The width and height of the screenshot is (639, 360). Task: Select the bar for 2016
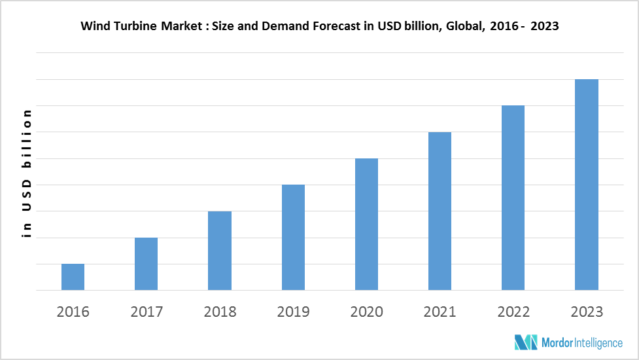coord(73,277)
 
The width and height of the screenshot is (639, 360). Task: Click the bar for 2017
coord(146,264)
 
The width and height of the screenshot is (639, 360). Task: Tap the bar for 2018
coord(220,251)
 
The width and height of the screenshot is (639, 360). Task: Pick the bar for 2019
coord(293,237)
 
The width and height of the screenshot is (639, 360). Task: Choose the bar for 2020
coord(366,224)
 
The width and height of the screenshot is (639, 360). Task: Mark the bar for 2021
coord(440,211)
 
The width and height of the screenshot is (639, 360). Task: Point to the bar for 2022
coord(513,198)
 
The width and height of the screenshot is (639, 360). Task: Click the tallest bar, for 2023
coord(587,185)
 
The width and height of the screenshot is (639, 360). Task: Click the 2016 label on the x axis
coord(73,312)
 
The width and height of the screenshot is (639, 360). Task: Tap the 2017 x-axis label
coord(146,312)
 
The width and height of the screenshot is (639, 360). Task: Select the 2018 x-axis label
coord(220,312)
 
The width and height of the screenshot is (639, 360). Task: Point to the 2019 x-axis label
coord(293,312)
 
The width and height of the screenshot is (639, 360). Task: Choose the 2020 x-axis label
coord(366,312)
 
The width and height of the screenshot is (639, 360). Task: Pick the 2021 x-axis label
coord(440,312)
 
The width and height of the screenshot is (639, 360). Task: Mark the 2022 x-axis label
coord(513,312)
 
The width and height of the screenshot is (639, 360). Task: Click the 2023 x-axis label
coord(587,312)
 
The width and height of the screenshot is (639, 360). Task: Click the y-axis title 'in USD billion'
coord(27,173)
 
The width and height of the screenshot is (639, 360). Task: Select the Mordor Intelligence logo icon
coord(526,342)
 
